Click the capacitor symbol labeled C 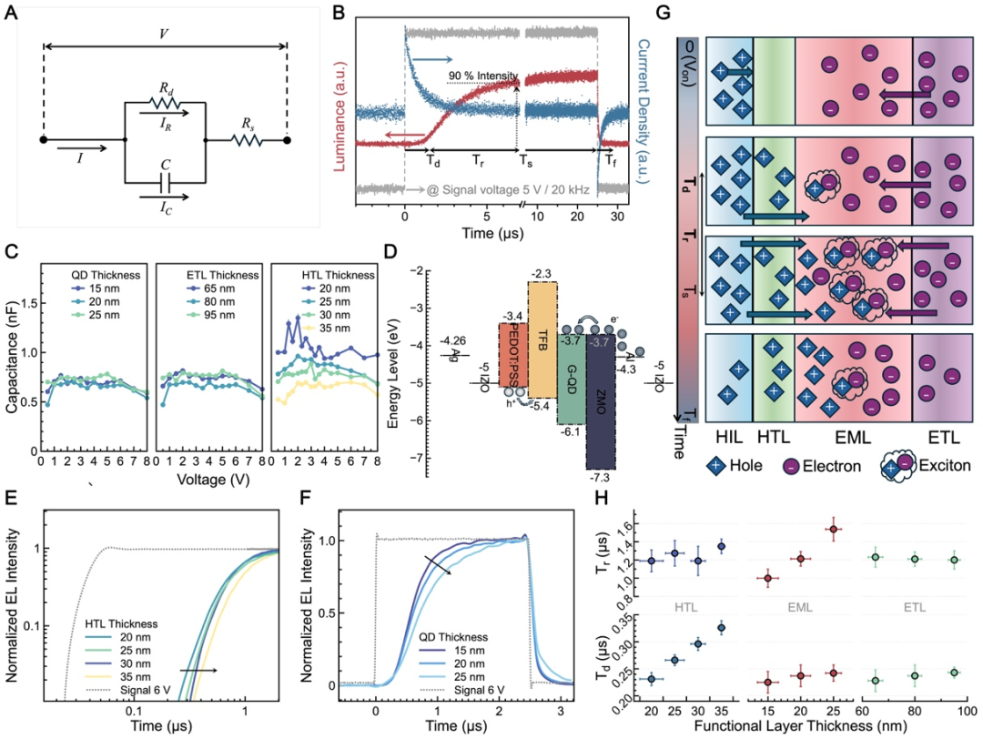click(x=165, y=179)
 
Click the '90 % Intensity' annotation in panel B click(x=481, y=76)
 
